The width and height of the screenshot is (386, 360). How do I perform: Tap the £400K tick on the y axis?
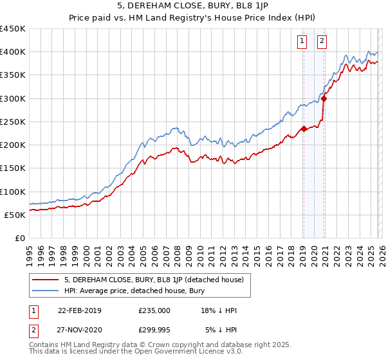(13, 52)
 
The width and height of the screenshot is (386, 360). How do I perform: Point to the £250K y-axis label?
(13, 122)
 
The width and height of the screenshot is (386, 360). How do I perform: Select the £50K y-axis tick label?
(15, 215)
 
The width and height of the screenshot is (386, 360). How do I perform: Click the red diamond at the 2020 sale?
(324, 98)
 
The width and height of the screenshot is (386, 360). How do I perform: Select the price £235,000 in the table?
(154, 310)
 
